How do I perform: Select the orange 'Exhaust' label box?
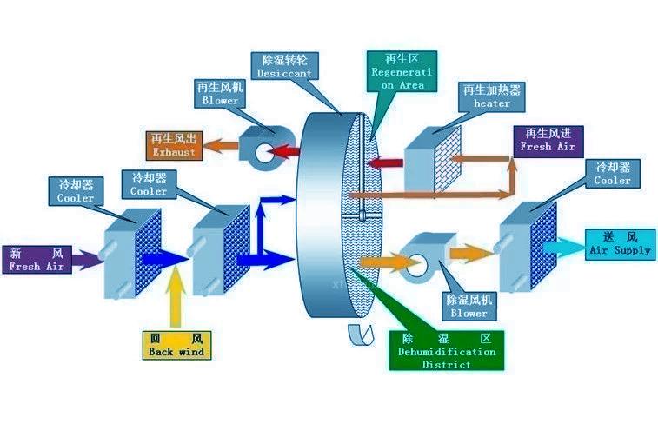coord(175,145)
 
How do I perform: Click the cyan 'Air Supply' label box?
coord(620,243)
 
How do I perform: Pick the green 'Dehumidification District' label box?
coord(446,350)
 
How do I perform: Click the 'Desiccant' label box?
coord(284,67)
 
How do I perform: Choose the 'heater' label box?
coord(492,96)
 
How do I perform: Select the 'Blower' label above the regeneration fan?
coord(220,94)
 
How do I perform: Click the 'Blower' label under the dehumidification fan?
coord(469,306)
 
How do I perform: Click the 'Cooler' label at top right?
coord(613,173)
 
